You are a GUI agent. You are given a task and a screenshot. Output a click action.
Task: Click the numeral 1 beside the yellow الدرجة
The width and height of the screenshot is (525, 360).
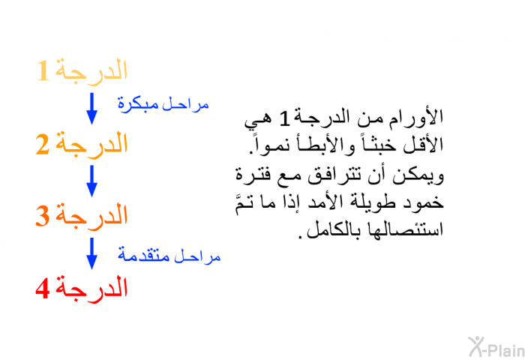tap(43, 70)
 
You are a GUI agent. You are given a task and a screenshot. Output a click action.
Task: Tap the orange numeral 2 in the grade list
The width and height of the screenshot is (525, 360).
tap(43, 145)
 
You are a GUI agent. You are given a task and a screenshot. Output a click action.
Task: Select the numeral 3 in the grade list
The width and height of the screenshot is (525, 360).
tap(43, 216)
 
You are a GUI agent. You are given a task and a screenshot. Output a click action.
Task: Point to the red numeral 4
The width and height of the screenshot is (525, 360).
tap(43, 288)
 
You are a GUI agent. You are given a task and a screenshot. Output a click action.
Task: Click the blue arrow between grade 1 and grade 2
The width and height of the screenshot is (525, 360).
tap(91, 109)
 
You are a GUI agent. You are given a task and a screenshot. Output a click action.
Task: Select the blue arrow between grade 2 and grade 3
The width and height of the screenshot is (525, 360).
tap(91, 181)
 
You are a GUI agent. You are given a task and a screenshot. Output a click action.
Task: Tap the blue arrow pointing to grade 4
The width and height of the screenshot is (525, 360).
tap(91, 253)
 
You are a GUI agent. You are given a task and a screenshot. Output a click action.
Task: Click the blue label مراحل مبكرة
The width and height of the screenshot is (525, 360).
tap(163, 104)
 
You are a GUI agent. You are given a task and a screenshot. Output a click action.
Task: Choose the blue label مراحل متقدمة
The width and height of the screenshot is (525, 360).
tap(169, 256)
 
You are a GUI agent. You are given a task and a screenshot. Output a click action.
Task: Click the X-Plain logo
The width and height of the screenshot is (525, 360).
tap(496, 347)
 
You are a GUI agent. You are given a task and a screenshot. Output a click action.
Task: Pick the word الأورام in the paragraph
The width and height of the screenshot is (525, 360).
tap(415, 117)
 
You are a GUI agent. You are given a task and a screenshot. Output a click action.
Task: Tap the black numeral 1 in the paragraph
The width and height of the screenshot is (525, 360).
tap(284, 118)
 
